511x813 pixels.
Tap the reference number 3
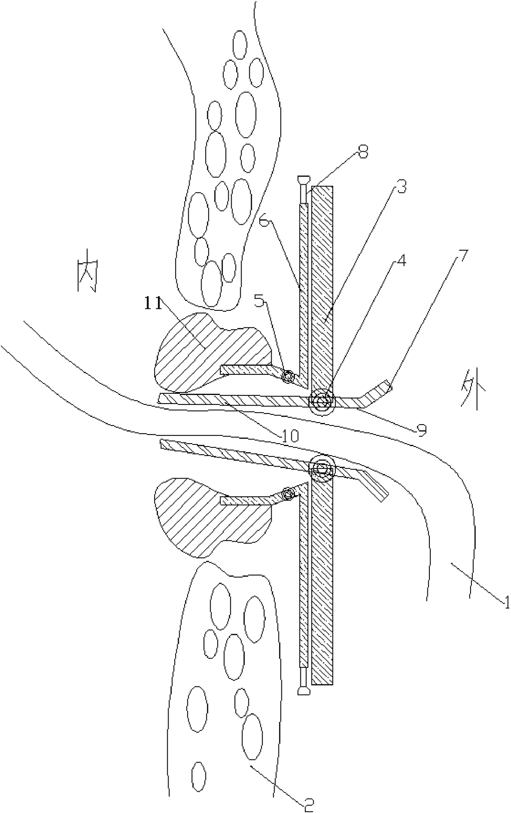[399, 188]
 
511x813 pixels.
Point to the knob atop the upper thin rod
[303, 180]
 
